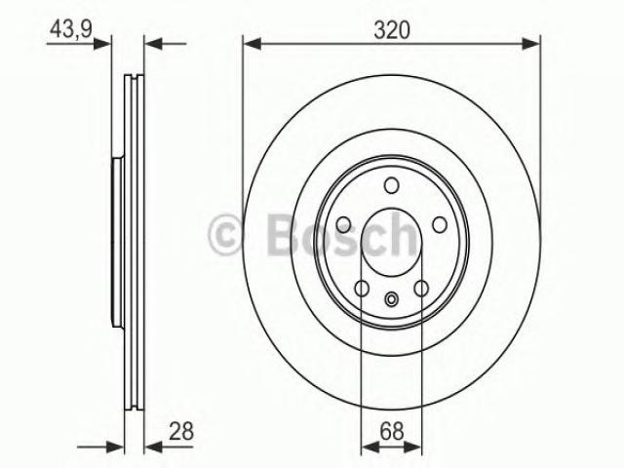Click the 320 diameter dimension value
coord(392,30)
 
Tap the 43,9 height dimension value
coord(71,29)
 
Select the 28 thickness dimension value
coord(181,431)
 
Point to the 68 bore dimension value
coord(392,431)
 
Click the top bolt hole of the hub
coord(392,185)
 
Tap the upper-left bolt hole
coord(343,225)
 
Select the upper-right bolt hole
coord(440,225)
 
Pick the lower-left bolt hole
coord(362,289)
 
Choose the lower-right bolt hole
coord(421,289)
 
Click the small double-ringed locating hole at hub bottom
coord(392,299)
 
